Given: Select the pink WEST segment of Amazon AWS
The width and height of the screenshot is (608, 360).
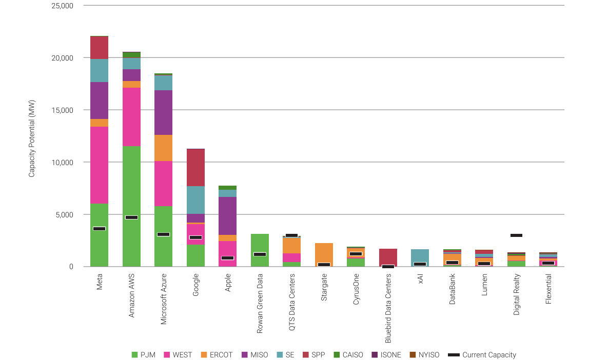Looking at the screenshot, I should (x=131, y=117).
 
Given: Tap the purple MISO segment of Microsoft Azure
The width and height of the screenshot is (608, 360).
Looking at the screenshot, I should (x=163, y=112).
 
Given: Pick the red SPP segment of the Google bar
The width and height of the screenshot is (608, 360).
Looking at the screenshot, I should (x=195, y=168).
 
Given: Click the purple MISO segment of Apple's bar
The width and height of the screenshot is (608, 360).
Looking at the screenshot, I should (x=227, y=215).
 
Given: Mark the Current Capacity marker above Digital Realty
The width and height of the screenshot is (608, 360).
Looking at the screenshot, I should (x=516, y=235).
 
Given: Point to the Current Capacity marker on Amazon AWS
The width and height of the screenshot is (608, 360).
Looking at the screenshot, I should (x=131, y=217).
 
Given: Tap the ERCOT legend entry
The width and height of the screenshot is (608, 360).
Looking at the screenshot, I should (x=217, y=355).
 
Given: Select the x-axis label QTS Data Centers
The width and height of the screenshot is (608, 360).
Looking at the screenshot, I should (x=292, y=303).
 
